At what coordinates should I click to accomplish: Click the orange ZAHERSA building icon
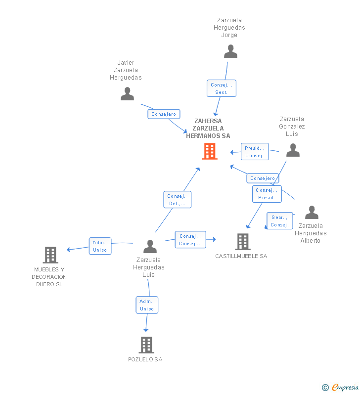[x=210, y=151]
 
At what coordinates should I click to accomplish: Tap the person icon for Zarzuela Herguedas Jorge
[x=230, y=51]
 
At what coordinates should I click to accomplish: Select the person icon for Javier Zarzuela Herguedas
[x=128, y=94]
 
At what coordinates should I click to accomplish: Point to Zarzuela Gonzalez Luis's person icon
[x=293, y=150]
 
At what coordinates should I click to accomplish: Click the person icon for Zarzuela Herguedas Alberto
[x=312, y=212]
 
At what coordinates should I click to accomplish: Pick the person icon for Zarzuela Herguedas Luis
[x=150, y=246]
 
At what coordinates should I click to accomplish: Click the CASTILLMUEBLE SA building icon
[x=243, y=242]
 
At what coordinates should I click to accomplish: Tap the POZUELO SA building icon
[x=146, y=345]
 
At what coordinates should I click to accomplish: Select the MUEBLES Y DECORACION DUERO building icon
[x=50, y=255]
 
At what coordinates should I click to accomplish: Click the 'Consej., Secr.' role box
[x=222, y=88]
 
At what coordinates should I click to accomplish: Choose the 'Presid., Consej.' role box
[x=255, y=152]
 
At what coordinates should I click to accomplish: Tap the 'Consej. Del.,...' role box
[x=177, y=200]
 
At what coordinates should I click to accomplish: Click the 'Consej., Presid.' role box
[x=267, y=194]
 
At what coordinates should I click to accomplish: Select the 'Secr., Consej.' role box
[x=280, y=221]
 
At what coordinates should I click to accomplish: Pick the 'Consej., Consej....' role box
[x=190, y=240]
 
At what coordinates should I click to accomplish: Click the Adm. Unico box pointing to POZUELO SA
[x=147, y=305]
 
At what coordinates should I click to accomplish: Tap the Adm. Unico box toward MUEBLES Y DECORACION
[x=100, y=246]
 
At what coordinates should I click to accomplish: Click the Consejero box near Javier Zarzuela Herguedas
[x=164, y=114]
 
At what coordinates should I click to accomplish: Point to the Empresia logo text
[x=345, y=387]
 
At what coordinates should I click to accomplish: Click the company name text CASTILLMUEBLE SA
[x=241, y=256]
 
